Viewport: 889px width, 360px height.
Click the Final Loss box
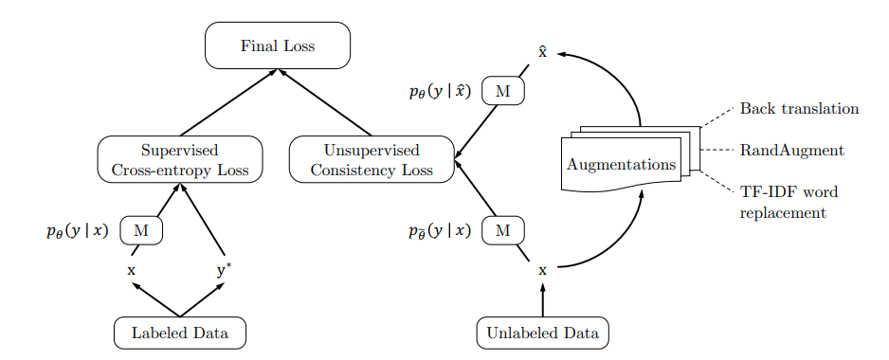pos(278,45)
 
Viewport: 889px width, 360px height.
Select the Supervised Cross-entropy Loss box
pos(179,159)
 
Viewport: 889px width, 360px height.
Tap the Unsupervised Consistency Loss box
pos(372,159)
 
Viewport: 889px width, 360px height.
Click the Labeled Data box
pos(179,333)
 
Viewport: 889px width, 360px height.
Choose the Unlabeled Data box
pos(542,333)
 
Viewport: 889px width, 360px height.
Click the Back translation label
pos(799,109)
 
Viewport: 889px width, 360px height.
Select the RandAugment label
pos(791,151)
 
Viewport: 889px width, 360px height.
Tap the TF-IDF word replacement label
pos(788,202)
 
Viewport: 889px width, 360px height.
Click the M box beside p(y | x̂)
pos(503,91)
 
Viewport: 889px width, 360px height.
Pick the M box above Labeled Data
pos(141,230)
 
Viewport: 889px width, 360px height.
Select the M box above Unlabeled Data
pos(503,230)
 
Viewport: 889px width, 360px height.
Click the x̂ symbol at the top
pos(542,52)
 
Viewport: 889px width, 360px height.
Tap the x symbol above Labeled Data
pos(132,271)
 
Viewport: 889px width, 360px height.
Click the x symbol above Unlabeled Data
pos(542,271)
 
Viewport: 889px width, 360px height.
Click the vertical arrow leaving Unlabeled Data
pos(542,303)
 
